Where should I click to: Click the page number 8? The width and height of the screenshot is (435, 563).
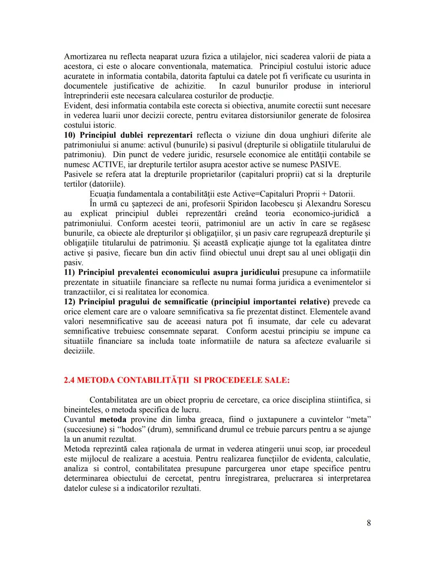(x=369, y=523)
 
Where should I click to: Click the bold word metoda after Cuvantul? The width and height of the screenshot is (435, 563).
(x=113, y=420)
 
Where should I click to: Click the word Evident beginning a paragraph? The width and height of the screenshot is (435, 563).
(x=77, y=106)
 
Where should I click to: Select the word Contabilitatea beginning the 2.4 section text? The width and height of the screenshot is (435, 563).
(x=114, y=400)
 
